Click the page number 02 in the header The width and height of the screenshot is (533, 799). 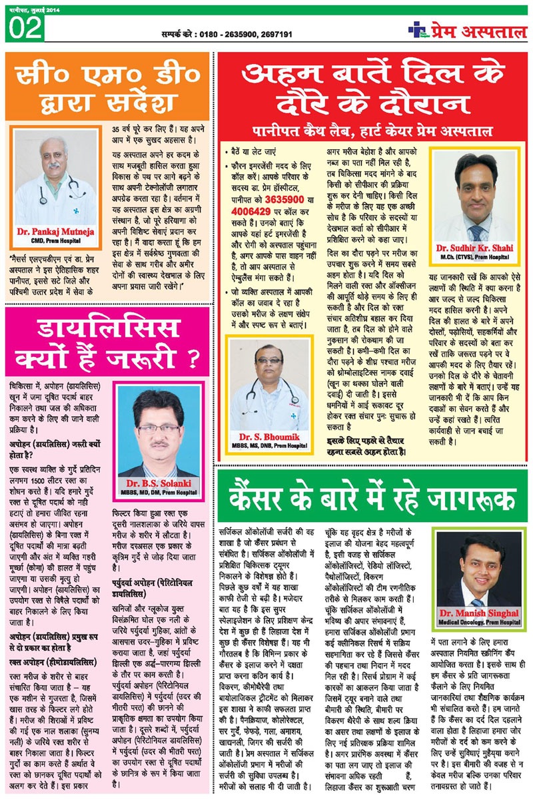point(25,28)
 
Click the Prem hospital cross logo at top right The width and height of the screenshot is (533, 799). point(416,29)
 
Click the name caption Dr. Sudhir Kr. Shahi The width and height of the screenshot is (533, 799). point(478,248)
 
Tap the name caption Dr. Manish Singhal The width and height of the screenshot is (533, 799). point(478,613)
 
